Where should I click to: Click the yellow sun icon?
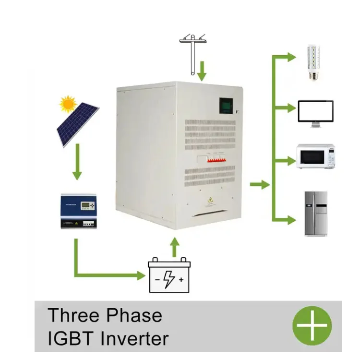point(68,104)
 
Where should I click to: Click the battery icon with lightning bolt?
point(169,275)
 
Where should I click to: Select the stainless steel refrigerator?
point(316,214)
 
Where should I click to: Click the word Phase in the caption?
point(133,315)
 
